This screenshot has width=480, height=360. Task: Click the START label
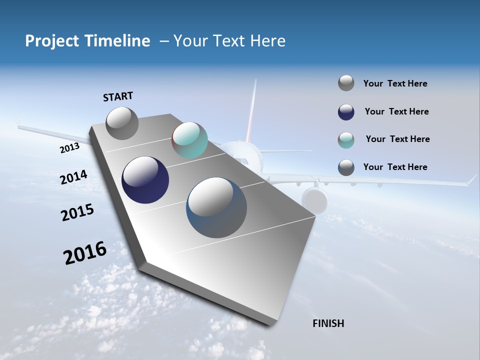118,96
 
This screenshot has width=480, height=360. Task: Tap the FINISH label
328,323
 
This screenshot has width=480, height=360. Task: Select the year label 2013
69,148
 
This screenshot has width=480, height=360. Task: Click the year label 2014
73,177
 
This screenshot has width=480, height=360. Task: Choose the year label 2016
85,253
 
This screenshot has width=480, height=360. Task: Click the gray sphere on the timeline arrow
122,123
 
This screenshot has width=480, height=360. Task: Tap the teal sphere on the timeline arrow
189,140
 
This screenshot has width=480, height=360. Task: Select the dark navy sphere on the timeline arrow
145,180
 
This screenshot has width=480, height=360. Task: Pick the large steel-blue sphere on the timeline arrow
216,207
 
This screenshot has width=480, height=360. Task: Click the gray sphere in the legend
346,83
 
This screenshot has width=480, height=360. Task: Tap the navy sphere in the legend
346,112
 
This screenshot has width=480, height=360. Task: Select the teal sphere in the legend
346,140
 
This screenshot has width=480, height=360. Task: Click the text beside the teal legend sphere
397,139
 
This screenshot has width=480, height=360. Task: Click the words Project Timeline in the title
87,41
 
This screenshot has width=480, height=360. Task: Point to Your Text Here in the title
229,41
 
